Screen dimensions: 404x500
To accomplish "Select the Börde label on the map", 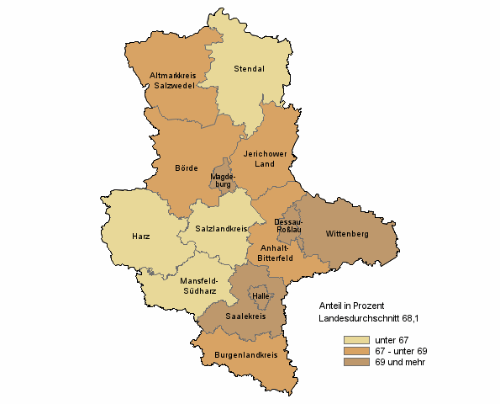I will coord(187,167).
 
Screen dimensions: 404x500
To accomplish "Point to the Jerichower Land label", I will coord(265,158).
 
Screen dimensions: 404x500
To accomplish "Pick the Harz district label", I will coord(141,237).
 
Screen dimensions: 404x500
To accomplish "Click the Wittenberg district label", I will coord(348,232).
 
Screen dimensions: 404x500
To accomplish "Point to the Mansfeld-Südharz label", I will coord(199,286).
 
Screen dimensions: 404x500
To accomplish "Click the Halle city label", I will coord(260,295).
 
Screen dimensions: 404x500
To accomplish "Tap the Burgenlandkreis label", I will coord(246,356).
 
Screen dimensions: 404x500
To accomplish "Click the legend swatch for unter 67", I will coord(356,339).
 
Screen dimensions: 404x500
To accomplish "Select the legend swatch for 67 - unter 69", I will coord(356,350).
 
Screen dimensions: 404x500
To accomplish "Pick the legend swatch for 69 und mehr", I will coord(356,361).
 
